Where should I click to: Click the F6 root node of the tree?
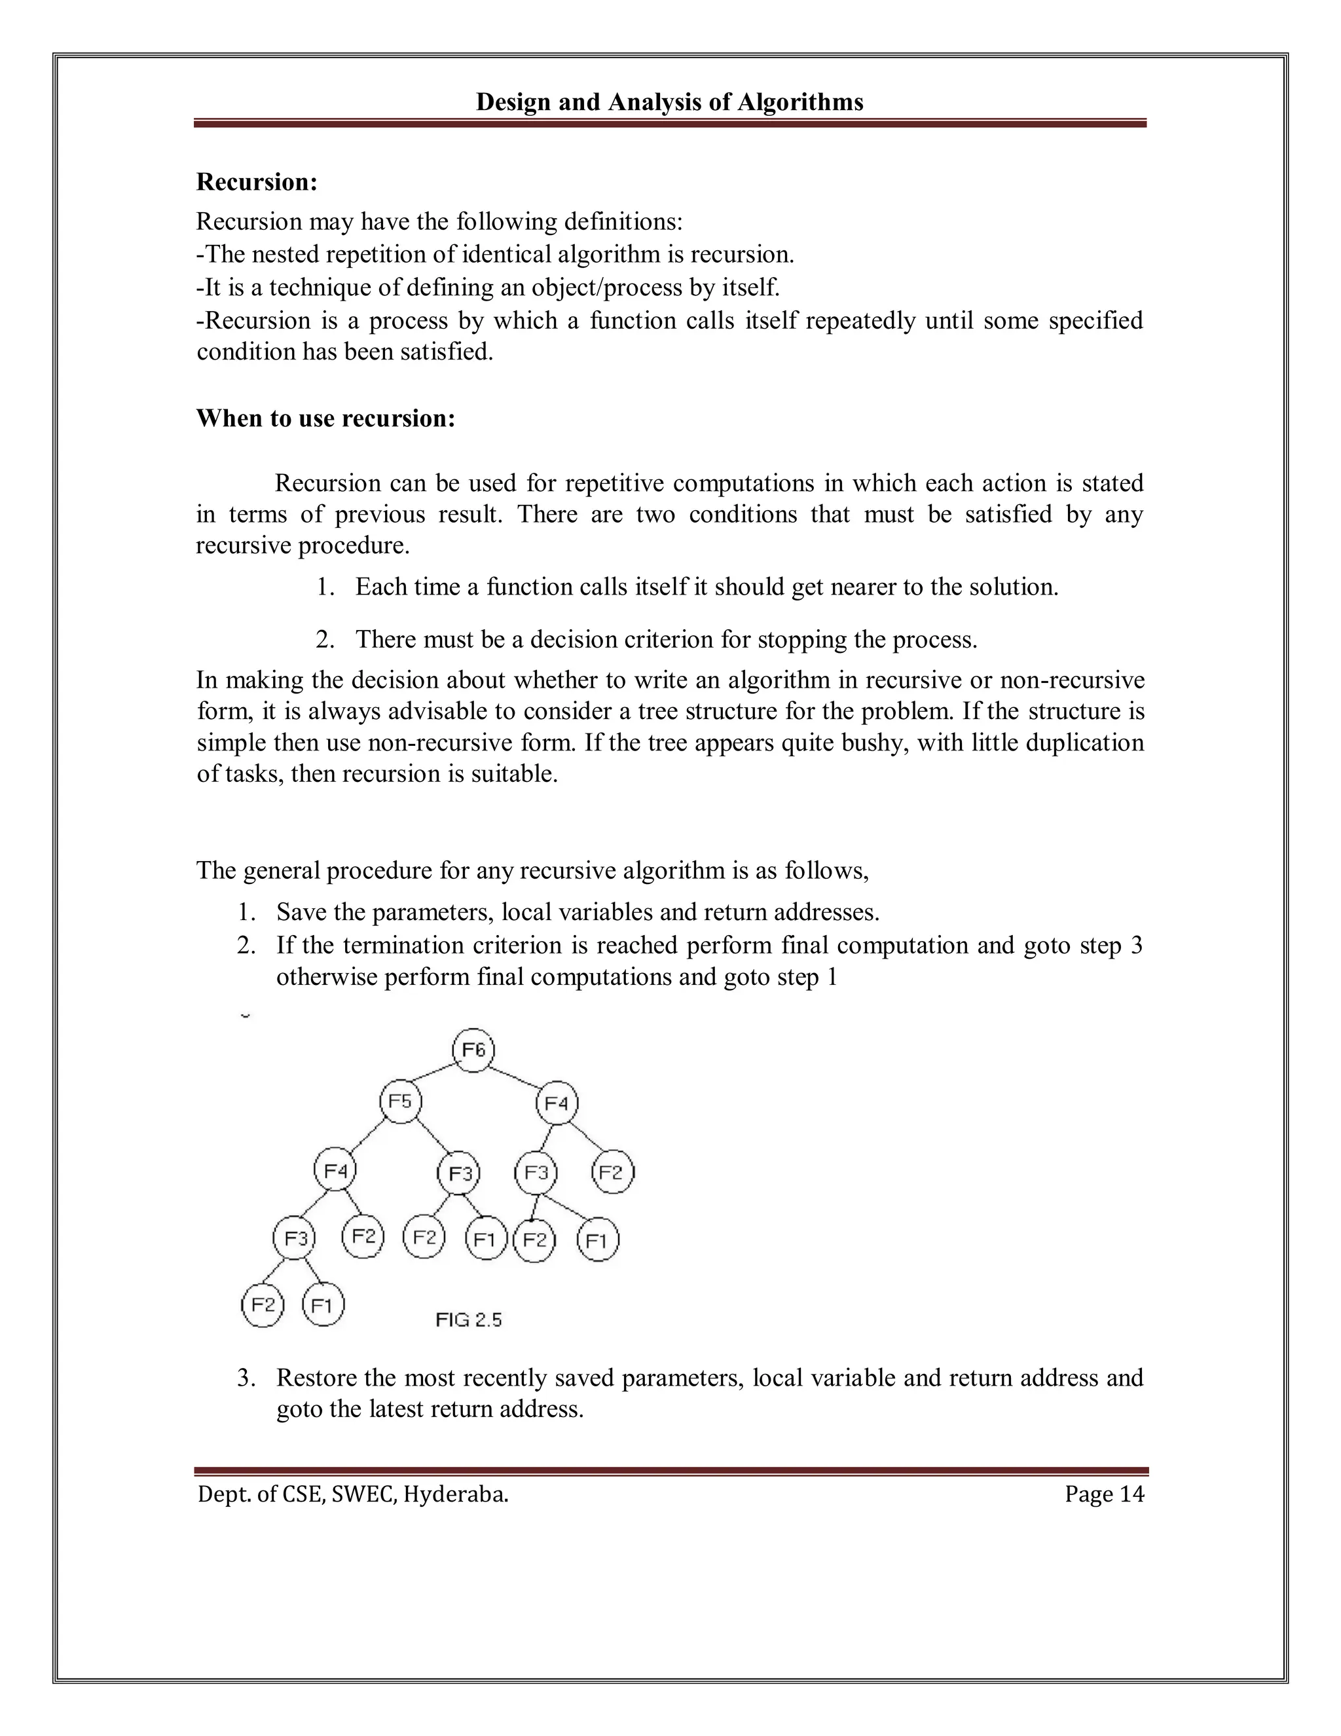pyautogui.click(x=474, y=1050)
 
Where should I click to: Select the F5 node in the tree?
pyautogui.click(x=401, y=1101)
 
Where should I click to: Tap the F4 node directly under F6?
pyautogui.click(x=557, y=1103)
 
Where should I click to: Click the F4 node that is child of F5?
pyautogui.click(x=335, y=1171)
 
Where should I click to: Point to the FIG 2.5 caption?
pyautogui.click(x=468, y=1320)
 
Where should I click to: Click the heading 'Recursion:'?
pyautogui.click(x=257, y=182)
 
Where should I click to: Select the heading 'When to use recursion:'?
pyautogui.click(x=326, y=418)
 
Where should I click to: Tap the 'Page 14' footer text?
pyautogui.click(x=1104, y=1494)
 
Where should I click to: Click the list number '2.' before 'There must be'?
pyautogui.click(x=323, y=639)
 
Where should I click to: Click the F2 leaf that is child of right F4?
pyautogui.click(x=612, y=1172)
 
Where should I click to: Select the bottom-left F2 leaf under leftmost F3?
pyautogui.click(x=263, y=1305)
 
